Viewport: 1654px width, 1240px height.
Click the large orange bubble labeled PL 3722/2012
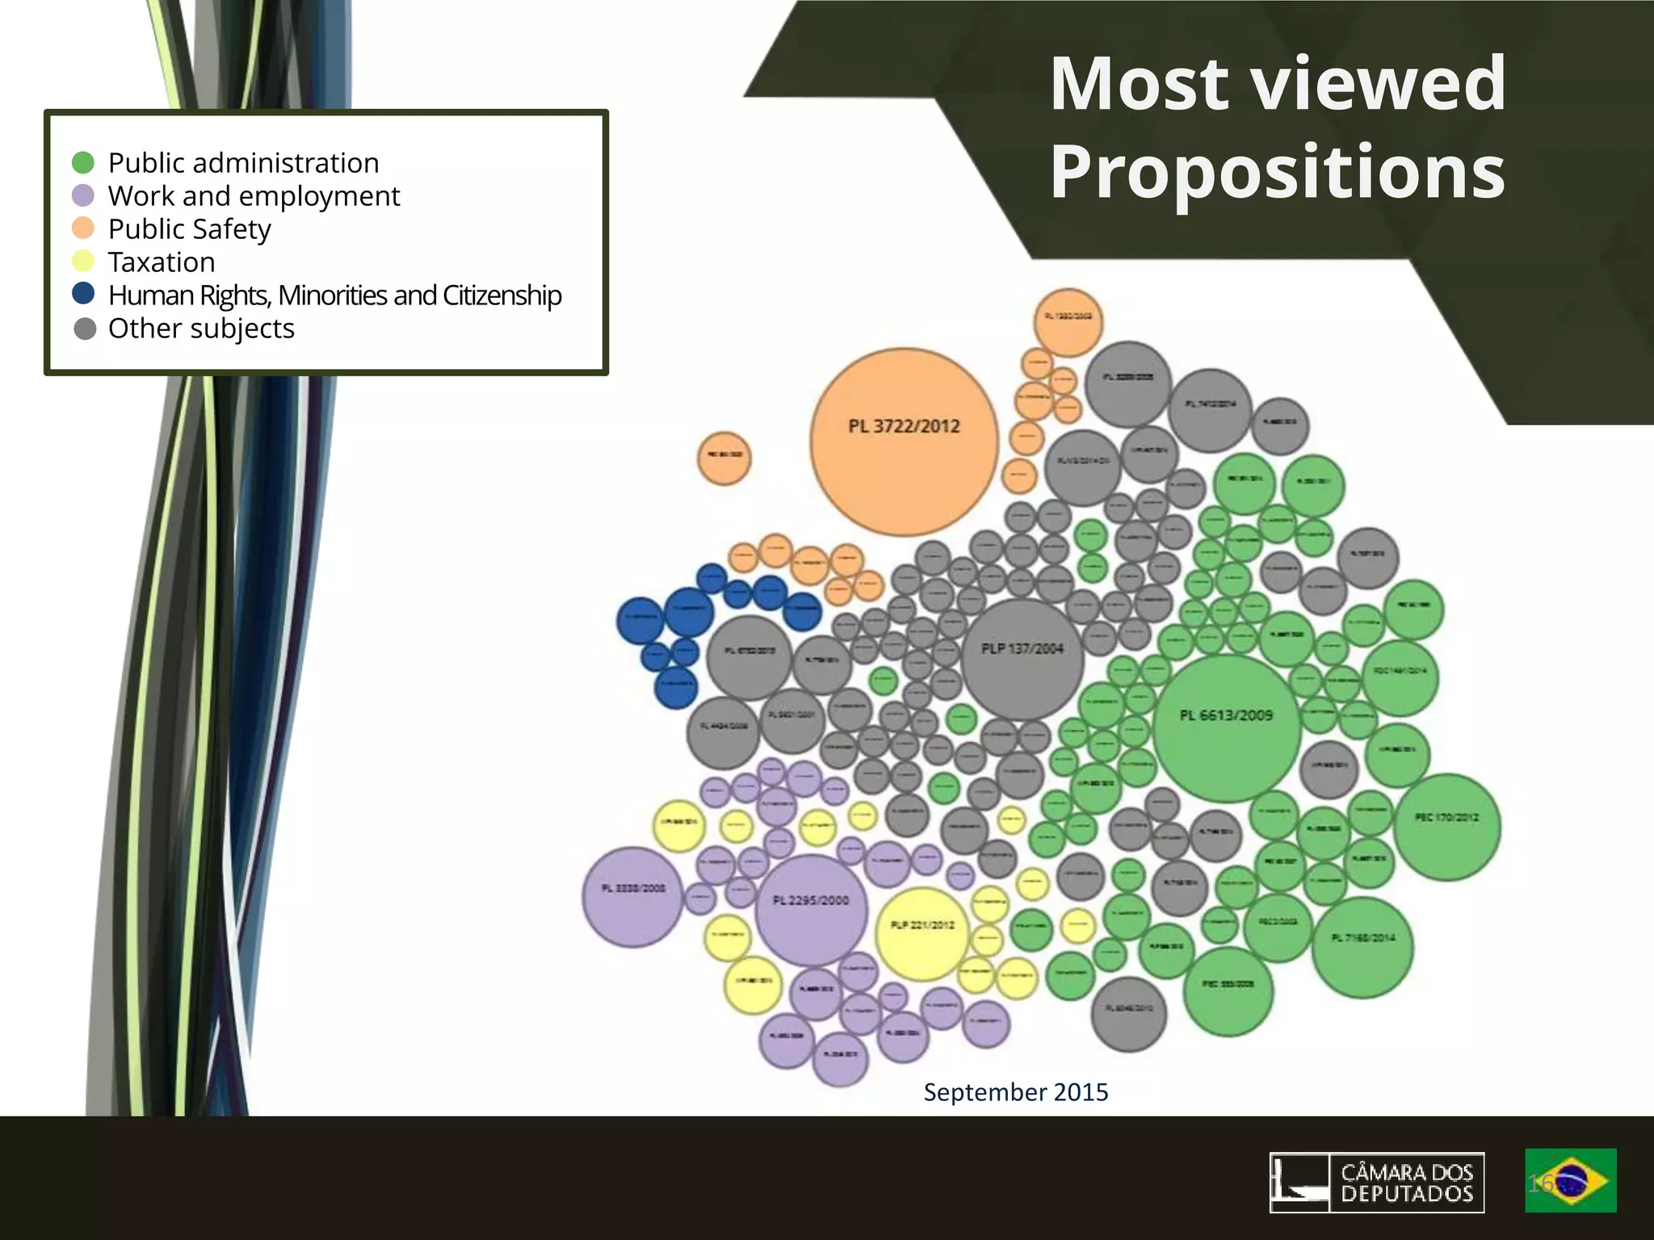904,442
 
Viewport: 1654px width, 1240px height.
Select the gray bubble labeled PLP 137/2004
1022,659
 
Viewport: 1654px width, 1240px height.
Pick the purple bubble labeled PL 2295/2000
810,910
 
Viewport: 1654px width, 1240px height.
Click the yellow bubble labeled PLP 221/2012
921,933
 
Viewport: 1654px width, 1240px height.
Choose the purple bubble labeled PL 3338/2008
633,896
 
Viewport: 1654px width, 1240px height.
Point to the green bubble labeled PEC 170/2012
1446,826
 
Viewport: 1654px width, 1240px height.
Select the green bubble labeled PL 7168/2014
1363,947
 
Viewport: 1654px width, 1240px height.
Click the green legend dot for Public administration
83,162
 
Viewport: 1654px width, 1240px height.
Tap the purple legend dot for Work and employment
83,195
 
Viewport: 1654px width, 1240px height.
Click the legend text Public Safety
190,229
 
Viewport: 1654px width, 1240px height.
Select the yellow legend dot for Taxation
83,262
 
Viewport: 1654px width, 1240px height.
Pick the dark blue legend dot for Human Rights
83,294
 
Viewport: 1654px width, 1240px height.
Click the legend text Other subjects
201,329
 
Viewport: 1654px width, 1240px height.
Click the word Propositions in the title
1277,171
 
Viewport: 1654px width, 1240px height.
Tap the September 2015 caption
1016,1092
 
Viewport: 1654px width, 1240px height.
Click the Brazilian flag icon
1570,1180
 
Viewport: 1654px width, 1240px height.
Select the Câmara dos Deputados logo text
1407,1182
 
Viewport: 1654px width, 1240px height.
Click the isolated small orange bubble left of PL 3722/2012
724,457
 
